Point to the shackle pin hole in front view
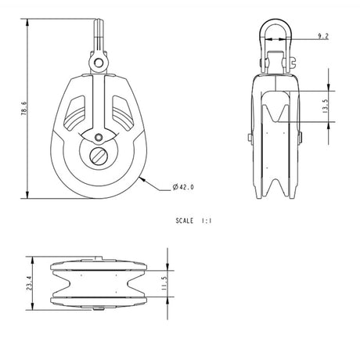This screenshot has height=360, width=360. (x=95, y=58)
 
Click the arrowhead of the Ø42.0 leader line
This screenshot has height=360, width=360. (x=142, y=178)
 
